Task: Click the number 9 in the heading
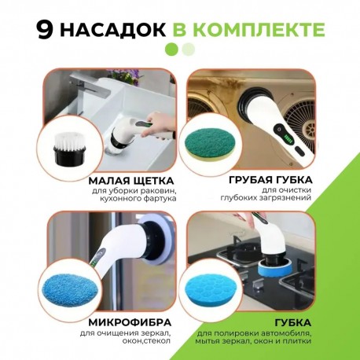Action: (46, 29)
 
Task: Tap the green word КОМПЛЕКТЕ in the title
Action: (257, 29)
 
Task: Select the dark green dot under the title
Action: (171, 50)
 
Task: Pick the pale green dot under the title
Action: (188, 50)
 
